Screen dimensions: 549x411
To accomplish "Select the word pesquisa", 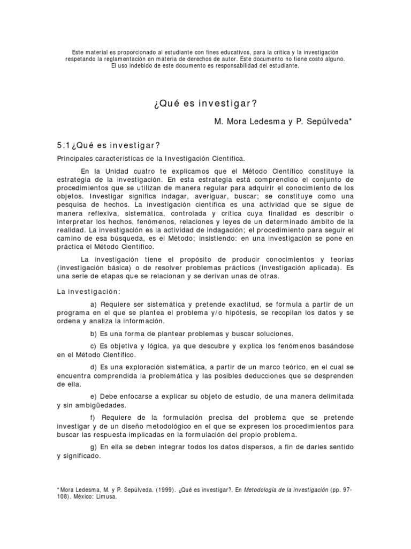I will (73, 205).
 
